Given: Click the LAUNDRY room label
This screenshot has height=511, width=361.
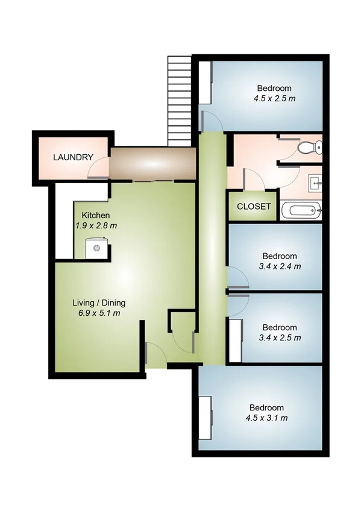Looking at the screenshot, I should [73, 158].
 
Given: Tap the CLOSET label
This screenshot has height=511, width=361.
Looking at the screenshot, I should [254, 206].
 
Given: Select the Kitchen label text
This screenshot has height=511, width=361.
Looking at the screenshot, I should [95, 215].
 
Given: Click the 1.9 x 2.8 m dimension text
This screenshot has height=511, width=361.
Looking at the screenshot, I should [96, 225].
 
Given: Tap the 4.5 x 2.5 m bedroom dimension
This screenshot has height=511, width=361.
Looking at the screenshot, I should [274, 98].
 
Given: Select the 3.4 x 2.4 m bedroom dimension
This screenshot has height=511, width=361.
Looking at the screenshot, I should [280, 266].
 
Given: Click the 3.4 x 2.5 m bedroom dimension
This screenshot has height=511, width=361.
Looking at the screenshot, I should [280, 337].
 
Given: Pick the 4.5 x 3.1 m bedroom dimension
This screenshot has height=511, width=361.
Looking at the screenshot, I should [266, 418].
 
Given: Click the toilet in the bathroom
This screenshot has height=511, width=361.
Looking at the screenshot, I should [311, 146].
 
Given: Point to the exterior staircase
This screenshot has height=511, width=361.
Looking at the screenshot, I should [179, 99].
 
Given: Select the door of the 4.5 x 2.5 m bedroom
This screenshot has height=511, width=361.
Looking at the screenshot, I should [211, 121].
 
